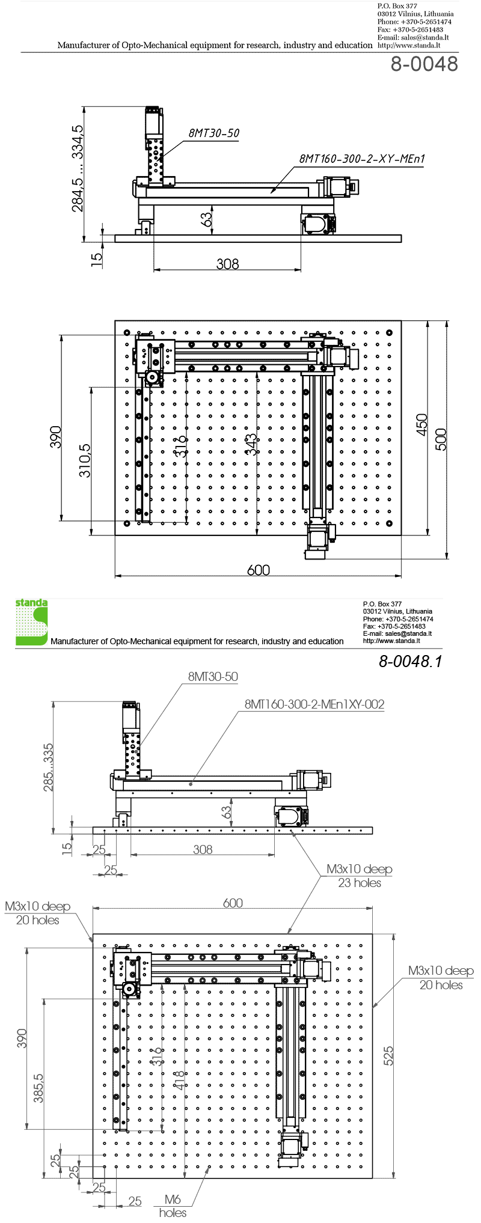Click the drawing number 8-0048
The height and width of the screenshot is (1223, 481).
pyautogui.click(x=424, y=64)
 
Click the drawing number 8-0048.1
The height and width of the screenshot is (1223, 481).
pyautogui.click(x=410, y=661)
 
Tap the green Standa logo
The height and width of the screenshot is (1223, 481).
pyautogui.click(x=31, y=622)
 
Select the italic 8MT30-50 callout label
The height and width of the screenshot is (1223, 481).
pyautogui.click(x=213, y=133)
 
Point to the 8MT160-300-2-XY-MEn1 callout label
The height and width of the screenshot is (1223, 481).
pyautogui.click(x=362, y=159)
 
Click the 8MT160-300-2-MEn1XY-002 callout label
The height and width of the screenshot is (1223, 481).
pyautogui.click(x=314, y=704)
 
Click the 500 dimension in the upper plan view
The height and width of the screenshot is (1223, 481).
pyautogui.click(x=441, y=439)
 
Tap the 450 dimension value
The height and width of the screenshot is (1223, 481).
pyautogui.click(x=422, y=425)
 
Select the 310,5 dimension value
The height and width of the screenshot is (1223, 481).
pyautogui.click(x=85, y=460)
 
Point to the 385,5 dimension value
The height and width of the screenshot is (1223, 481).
pyautogui.click(x=38, y=1088)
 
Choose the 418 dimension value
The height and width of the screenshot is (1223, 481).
pyautogui.click(x=179, y=1080)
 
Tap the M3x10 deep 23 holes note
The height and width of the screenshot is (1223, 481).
pyautogui.click(x=359, y=876)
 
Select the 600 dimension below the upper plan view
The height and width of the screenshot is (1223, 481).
pyautogui.click(x=259, y=569)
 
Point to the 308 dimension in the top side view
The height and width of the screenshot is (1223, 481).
pyautogui.click(x=227, y=264)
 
